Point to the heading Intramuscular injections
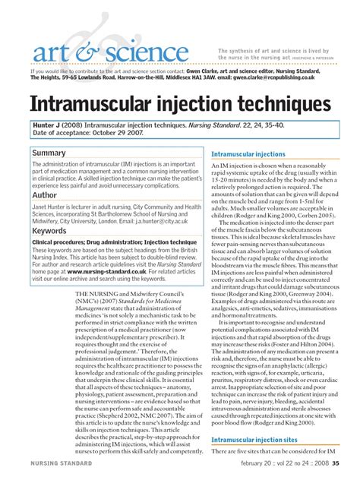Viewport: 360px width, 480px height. (248, 153)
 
